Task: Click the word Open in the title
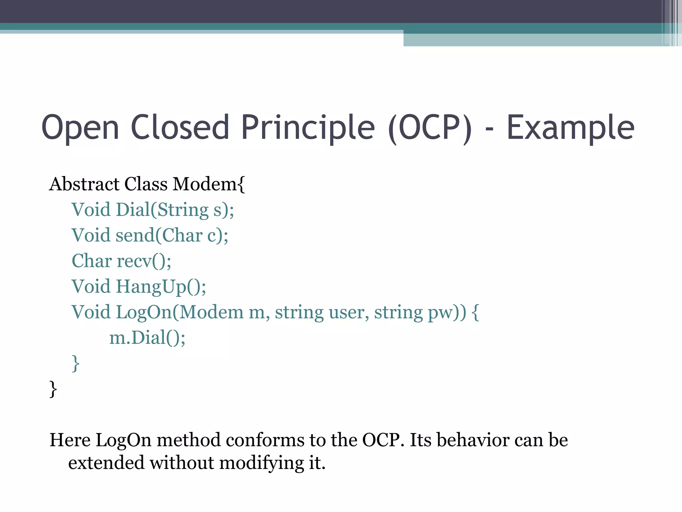pos(80,128)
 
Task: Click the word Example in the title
pos(570,128)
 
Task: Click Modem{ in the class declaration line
pos(209,184)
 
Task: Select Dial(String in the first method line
pos(162,210)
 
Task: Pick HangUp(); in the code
pos(161,287)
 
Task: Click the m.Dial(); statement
pos(147,338)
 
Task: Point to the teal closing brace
pos(76,363)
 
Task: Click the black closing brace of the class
pos(53,389)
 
